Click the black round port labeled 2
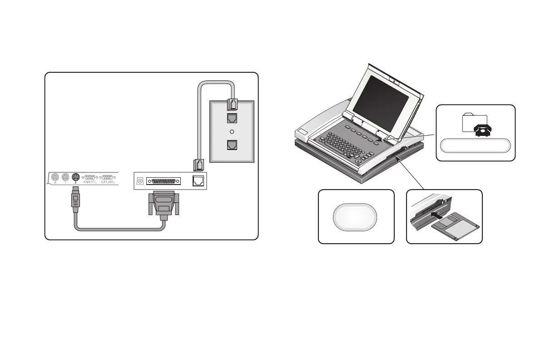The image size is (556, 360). pos(75,178)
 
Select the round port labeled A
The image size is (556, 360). pos(55,178)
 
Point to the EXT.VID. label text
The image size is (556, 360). pos(108,182)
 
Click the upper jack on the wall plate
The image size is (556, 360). pos(232,118)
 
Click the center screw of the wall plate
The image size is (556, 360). pos(232,131)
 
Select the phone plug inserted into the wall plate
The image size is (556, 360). pos(232,105)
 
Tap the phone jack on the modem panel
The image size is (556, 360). pos(199,180)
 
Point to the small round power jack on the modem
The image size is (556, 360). pos(140,181)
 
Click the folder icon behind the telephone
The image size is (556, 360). pos(472,121)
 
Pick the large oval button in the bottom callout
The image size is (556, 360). pos(356,216)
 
